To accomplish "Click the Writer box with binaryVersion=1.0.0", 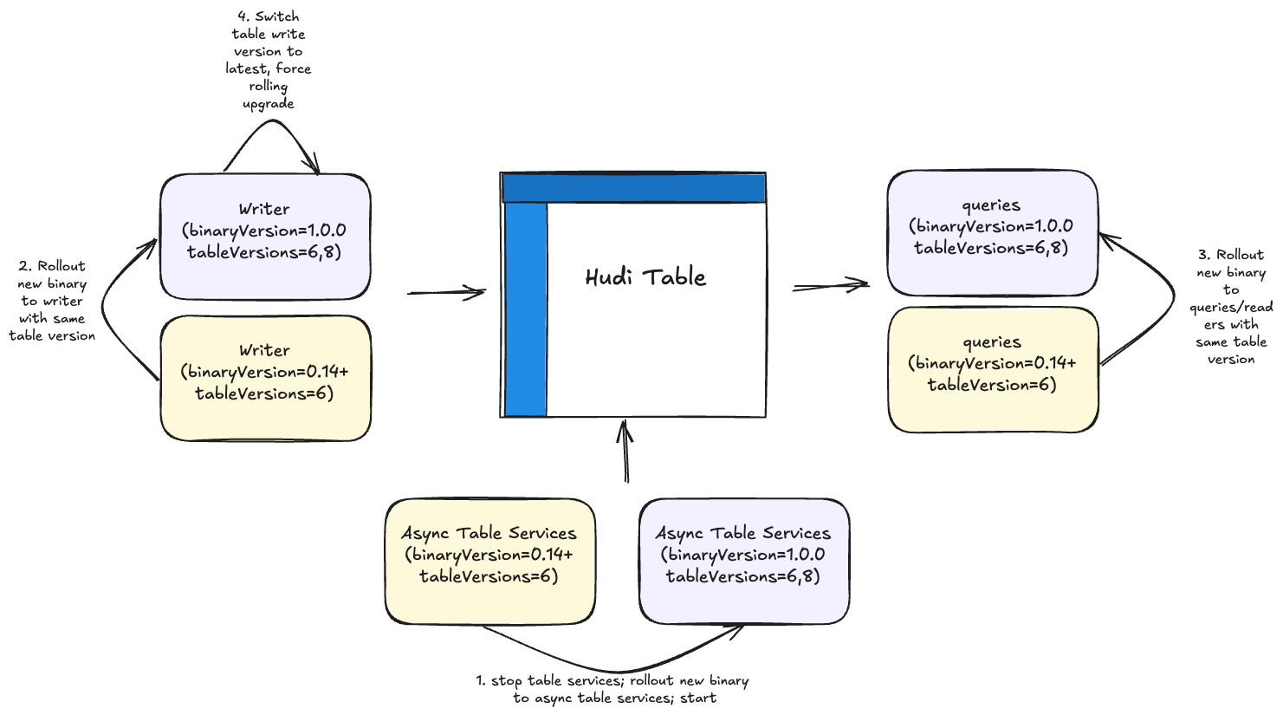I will tap(265, 236).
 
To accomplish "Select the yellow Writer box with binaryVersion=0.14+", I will tap(265, 377).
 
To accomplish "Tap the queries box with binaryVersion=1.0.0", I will tap(992, 231).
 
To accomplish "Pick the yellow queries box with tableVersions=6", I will tap(993, 369).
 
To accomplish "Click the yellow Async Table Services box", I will tap(489, 560).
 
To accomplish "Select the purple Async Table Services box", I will tap(744, 560).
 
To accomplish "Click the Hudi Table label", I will tap(646, 278).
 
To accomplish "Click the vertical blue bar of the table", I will tap(526, 309).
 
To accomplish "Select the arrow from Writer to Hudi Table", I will tap(446, 294).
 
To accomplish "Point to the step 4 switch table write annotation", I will tap(269, 61).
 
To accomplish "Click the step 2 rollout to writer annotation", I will tap(53, 301).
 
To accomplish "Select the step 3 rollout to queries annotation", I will tap(1231, 307).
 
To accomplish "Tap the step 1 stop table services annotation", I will tap(613, 689).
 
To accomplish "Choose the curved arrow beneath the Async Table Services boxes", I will tap(615, 667).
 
